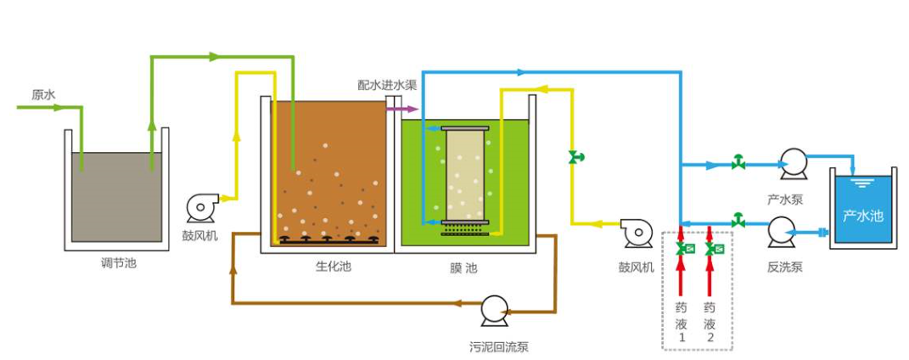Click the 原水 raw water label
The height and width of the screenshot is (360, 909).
pyautogui.click(x=42, y=95)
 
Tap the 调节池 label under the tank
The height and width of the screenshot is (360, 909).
pyautogui.click(x=118, y=263)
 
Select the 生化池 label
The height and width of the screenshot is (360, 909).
pyautogui.click(x=333, y=267)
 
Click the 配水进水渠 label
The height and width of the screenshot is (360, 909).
pyautogui.click(x=386, y=85)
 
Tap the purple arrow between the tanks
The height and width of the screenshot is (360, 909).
pyautogui.click(x=402, y=109)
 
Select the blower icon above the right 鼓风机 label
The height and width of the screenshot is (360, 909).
pyautogui.click(x=635, y=230)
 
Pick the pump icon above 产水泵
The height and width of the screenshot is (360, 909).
pyautogui.click(x=793, y=163)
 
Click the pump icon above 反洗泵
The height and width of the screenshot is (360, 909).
pyautogui.click(x=779, y=230)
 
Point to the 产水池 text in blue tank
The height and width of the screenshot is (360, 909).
pyautogui.click(x=862, y=216)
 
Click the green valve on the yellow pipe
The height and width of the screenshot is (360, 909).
pyautogui.click(x=576, y=156)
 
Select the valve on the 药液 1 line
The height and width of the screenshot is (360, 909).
pyautogui.click(x=682, y=248)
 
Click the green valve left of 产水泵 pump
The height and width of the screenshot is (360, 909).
pyautogui.click(x=738, y=162)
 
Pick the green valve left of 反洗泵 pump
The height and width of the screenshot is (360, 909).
pyautogui.click(x=738, y=220)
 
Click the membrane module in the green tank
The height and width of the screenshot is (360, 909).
pyautogui.click(x=466, y=174)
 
